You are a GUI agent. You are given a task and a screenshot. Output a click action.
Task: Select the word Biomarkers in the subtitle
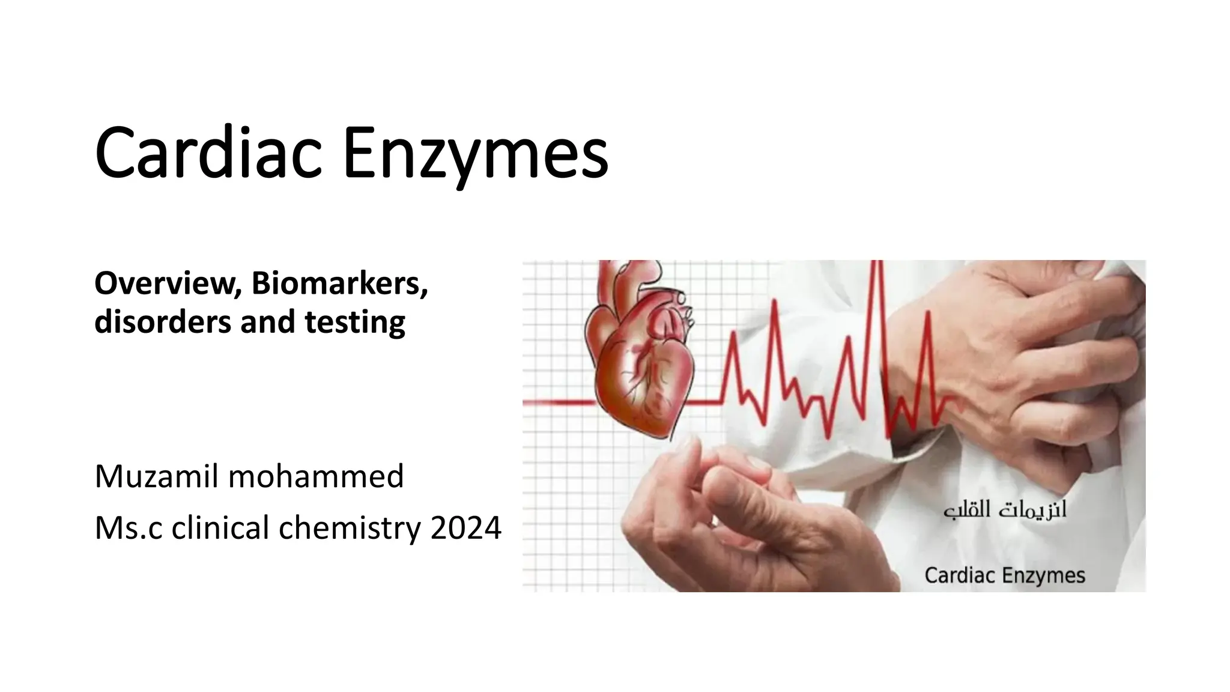(339, 284)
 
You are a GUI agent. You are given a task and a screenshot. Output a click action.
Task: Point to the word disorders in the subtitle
(162, 321)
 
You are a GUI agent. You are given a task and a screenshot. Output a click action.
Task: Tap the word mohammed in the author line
(316, 476)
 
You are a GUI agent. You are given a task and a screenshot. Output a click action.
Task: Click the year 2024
(465, 528)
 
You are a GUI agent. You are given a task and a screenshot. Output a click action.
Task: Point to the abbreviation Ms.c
(128, 528)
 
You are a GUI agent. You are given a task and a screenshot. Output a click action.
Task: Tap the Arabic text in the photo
(1005, 510)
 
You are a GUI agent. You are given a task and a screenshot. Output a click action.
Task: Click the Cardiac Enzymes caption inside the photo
(1004, 575)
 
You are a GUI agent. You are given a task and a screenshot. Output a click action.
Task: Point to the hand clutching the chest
(1021, 348)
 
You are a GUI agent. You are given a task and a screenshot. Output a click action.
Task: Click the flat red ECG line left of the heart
(559, 402)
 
